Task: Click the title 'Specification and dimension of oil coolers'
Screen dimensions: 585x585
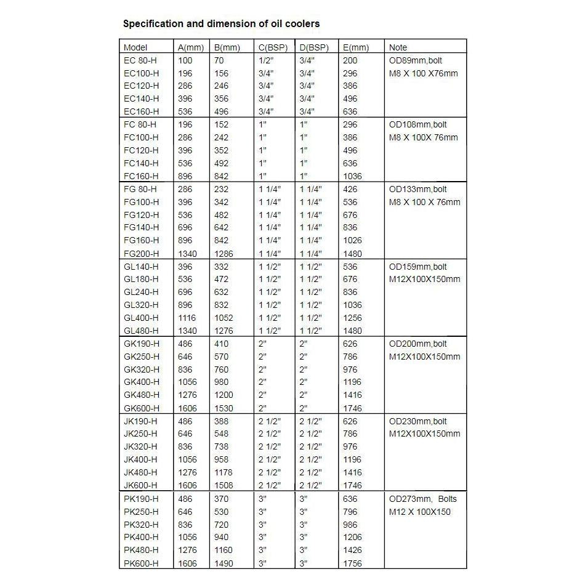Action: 221,24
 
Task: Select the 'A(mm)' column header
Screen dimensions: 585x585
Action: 190,47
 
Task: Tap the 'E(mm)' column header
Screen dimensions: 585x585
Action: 356,47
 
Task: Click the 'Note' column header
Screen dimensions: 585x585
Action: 398,47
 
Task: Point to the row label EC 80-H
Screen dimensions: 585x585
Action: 140,60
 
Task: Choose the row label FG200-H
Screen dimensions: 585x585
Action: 141,253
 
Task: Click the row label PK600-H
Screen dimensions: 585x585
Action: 141,563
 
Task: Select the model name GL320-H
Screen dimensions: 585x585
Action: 141,305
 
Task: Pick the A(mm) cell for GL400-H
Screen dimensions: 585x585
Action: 187,318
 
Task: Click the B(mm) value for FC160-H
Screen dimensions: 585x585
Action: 221,176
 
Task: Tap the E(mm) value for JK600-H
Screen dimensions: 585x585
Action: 352,485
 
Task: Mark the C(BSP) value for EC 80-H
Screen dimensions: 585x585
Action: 266,60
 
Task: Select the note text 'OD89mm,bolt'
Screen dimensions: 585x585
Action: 416,60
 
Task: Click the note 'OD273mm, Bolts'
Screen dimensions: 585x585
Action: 423,498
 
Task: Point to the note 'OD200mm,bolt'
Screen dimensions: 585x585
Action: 418,344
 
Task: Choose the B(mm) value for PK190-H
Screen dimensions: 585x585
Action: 221,498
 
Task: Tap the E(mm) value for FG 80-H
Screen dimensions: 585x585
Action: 350,189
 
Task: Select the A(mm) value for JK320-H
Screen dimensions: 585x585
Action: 185,446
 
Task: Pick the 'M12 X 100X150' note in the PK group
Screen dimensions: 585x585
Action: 420,511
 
